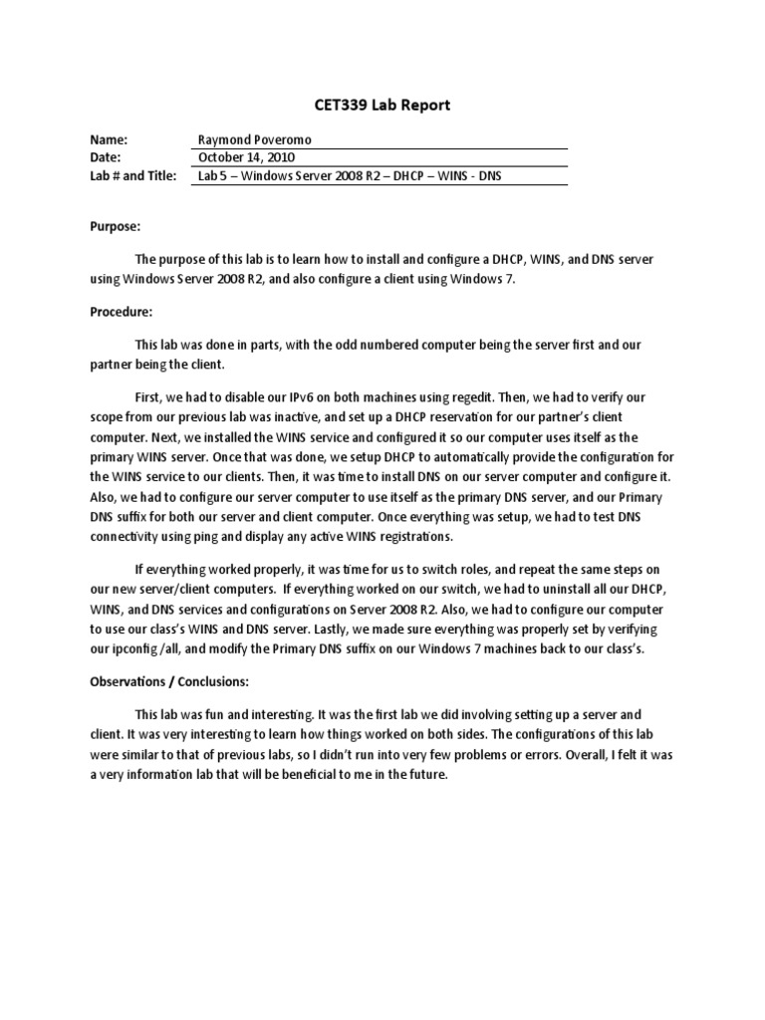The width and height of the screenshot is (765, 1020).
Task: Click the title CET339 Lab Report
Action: tap(382, 106)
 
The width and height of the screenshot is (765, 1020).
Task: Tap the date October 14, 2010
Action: tap(246, 158)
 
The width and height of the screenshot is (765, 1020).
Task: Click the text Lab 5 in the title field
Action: tap(213, 176)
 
